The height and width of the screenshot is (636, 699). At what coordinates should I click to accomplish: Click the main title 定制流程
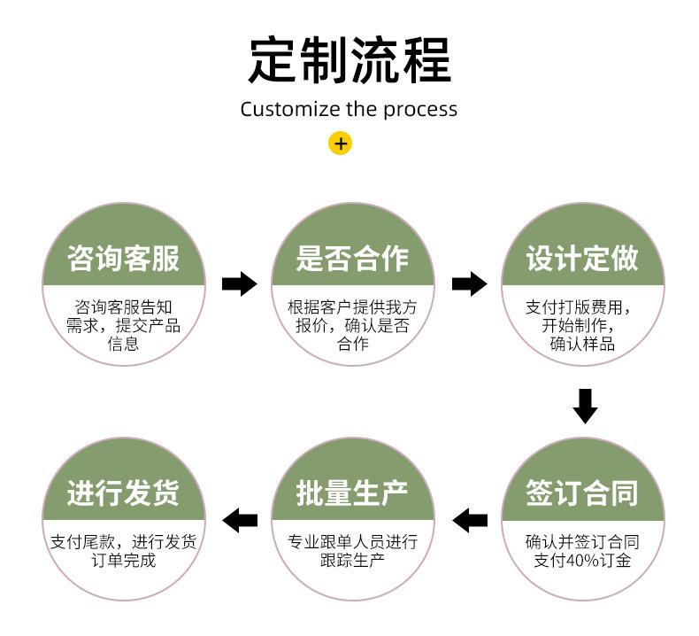(x=349, y=59)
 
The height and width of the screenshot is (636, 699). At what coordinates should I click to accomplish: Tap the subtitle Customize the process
(x=349, y=110)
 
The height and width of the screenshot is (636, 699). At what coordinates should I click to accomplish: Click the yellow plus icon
(x=340, y=143)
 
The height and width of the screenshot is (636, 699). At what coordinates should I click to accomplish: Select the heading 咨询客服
(x=123, y=258)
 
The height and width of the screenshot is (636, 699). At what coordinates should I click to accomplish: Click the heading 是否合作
(x=352, y=258)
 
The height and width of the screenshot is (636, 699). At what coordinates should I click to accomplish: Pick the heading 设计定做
(x=582, y=258)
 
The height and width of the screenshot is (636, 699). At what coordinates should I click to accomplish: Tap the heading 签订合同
(x=582, y=493)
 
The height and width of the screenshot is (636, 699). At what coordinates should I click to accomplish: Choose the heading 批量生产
(x=352, y=493)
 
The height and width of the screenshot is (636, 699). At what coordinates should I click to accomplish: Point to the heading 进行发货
(x=123, y=493)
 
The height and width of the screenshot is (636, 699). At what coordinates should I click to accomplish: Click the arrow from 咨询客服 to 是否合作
(x=239, y=283)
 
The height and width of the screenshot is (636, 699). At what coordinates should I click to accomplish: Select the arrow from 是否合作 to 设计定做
(x=469, y=283)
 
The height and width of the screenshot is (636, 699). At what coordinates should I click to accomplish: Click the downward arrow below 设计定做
(x=584, y=405)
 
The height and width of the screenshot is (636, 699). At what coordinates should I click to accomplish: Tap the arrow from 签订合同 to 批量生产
(x=470, y=519)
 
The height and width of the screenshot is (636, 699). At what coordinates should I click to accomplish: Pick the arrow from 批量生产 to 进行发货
(x=240, y=519)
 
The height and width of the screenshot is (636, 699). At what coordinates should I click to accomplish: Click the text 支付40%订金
(x=582, y=561)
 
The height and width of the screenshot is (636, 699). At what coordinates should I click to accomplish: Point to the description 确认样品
(x=582, y=344)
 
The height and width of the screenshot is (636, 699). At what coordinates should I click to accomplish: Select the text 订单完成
(x=123, y=561)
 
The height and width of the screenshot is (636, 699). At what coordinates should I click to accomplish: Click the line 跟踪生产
(x=352, y=561)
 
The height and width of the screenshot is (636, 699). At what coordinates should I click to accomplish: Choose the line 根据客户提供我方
(x=352, y=307)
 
